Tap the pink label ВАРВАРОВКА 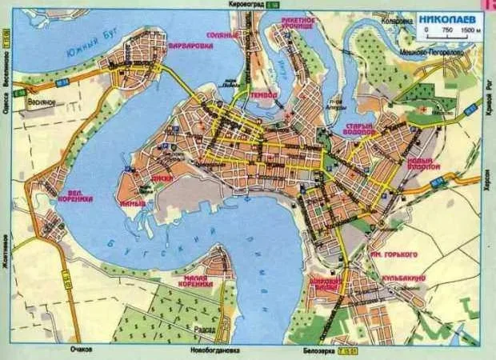tap(190, 46)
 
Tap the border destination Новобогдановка tap(209, 350)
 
